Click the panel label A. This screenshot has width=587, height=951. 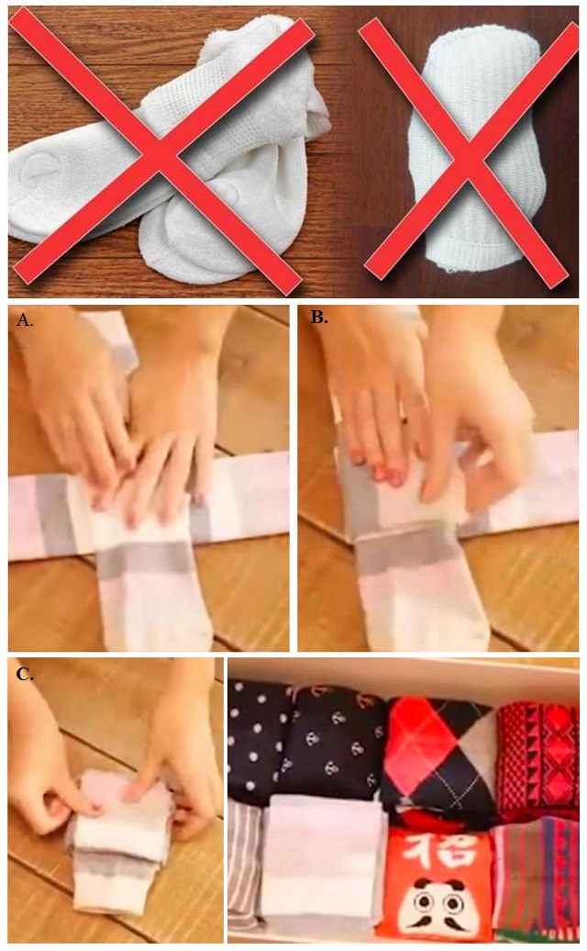(x=25, y=319)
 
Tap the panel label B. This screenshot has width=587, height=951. (x=319, y=317)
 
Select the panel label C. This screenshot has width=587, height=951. (x=25, y=674)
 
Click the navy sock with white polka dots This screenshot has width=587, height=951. (x=261, y=743)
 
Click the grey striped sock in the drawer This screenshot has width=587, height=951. (x=246, y=873)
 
